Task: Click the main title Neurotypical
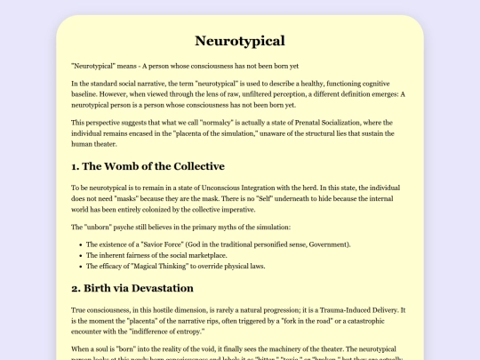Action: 239,41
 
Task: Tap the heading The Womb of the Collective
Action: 148,166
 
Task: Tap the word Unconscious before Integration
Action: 227,188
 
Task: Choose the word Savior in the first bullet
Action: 159,243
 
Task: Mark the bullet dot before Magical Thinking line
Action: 78,266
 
